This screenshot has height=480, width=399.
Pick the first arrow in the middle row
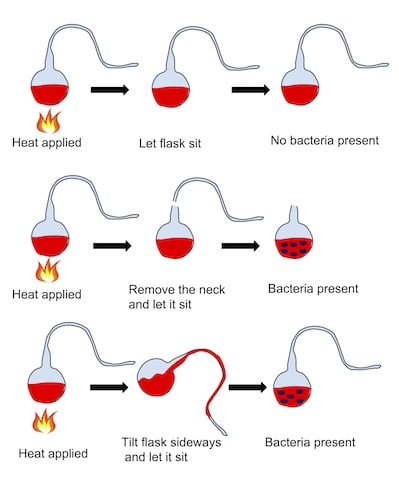[112, 243]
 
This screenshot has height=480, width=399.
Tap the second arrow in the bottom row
[249, 386]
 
